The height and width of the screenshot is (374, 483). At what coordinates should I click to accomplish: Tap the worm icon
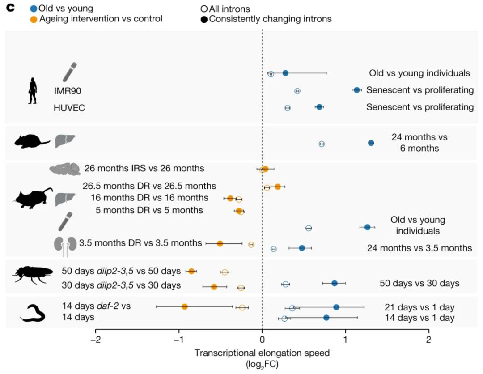point(33,313)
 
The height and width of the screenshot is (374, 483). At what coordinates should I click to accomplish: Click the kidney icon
point(64,246)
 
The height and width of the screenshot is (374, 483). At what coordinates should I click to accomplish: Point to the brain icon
point(64,169)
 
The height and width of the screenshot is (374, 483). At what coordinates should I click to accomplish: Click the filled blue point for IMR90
point(356,90)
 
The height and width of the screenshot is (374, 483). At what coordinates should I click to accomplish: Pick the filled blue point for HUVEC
point(319,107)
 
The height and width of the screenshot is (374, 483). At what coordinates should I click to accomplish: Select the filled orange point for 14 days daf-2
point(184,306)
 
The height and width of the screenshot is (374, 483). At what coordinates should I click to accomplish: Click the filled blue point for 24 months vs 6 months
point(371,143)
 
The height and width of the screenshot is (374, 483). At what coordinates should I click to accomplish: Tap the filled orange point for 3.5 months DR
point(220,243)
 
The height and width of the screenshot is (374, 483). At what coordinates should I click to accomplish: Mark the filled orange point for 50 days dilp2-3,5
point(191,271)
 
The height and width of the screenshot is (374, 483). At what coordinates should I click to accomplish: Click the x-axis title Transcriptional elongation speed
point(262,353)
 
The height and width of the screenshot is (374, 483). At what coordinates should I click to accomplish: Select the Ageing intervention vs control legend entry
point(96,19)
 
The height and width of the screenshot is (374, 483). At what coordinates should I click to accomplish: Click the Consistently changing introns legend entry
point(266,19)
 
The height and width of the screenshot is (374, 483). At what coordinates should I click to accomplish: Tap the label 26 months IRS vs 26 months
point(144,169)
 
